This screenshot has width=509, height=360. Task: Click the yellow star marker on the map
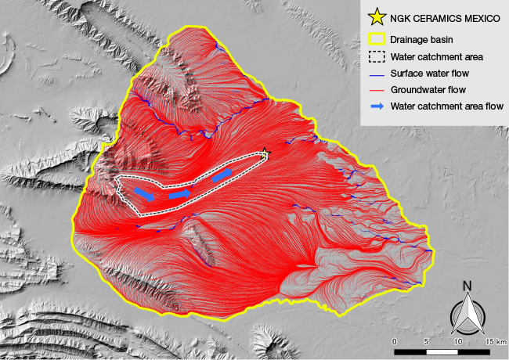pos(265,153)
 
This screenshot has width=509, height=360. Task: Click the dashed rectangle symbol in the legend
pos(376,56)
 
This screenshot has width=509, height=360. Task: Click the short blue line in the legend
pos(376,74)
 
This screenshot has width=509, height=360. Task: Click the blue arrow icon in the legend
pos(376,106)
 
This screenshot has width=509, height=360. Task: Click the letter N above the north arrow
pos(466,286)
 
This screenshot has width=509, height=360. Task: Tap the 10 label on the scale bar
pos(457,342)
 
